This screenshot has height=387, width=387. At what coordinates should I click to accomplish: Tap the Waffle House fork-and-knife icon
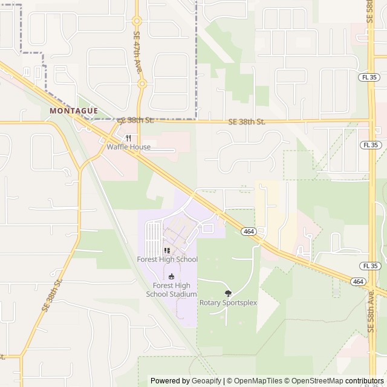point(128,138)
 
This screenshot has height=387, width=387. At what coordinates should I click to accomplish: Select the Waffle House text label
point(128,147)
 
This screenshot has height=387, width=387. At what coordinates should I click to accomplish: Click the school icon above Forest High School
point(167,250)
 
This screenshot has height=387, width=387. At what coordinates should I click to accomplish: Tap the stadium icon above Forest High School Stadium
point(171,276)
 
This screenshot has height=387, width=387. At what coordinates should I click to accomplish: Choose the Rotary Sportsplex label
point(228,302)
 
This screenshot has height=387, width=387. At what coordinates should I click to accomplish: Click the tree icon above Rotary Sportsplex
point(228,293)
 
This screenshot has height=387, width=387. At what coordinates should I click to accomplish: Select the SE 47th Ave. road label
point(137,52)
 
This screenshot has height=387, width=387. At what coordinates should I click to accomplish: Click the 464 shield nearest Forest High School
point(248,232)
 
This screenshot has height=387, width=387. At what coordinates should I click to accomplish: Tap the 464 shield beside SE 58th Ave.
point(358,282)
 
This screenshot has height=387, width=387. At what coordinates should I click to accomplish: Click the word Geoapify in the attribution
point(207,381)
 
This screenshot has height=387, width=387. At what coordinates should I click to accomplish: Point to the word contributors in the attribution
point(365,381)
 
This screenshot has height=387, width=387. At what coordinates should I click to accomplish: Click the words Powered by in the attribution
point(170,381)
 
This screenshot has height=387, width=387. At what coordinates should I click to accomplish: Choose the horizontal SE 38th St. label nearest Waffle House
point(137,120)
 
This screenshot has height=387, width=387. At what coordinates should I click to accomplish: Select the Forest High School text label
point(167,259)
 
